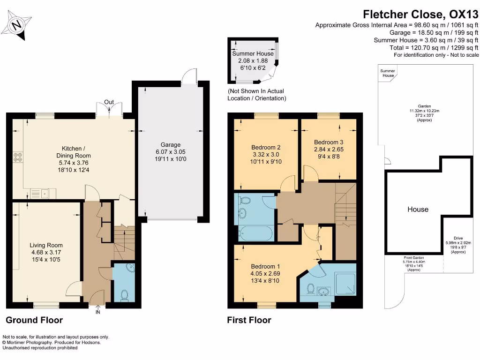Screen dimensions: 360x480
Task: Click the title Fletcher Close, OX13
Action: tap(421, 15)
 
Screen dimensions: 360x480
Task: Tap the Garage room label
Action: tap(171, 145)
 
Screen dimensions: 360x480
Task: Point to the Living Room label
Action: tap(46, 245)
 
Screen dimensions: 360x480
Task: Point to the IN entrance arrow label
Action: tap(97, 312)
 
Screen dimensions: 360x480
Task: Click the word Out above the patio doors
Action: tap(109, 102)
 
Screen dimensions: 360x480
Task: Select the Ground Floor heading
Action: tap(34, 321)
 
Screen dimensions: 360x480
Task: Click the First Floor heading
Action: tap(249, 321)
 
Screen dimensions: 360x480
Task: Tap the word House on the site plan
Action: tap(418, 209)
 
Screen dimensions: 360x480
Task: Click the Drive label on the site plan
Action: tap(457, 238)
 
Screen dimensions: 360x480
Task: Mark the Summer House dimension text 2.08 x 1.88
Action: tap(253, 60)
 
